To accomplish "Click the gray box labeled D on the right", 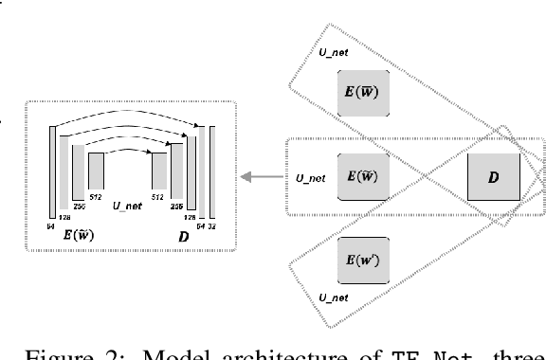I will coord(494,176).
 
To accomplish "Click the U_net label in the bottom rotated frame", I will coord(335,297).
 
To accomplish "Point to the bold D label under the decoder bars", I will coord(183,234).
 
